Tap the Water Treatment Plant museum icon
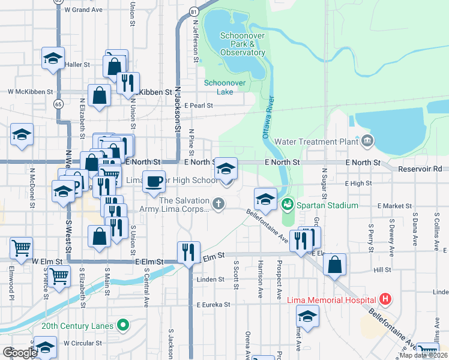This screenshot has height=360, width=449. click(367, 142)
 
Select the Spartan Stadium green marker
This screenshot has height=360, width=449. click(288, 205)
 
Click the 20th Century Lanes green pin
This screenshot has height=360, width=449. click(124, 326)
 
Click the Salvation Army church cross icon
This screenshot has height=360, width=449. click(218, 205)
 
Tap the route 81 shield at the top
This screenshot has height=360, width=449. click(193, 11)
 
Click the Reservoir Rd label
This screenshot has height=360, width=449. click(423, 170)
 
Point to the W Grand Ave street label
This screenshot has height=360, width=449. click(83, 10)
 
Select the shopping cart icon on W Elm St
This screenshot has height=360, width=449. click(22, 247)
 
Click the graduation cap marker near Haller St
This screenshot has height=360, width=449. click(53, 58)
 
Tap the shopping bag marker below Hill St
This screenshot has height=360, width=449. click(334, 263)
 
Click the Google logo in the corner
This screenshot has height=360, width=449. click(20, 353)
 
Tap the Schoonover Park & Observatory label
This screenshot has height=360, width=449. click(243, 44)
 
